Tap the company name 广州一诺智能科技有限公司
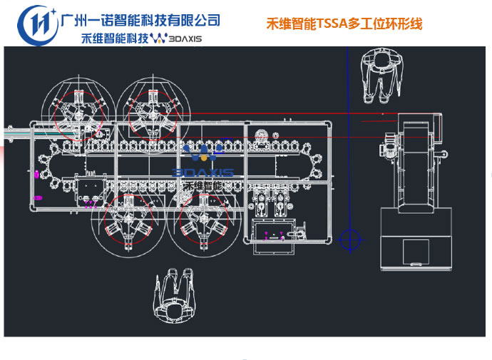coord(141,20)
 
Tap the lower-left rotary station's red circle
coord(130,221)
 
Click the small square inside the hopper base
coord(416,252)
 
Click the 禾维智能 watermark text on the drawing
coord(203,185)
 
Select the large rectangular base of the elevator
coord(416,239)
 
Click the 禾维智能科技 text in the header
coord(113,38)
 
